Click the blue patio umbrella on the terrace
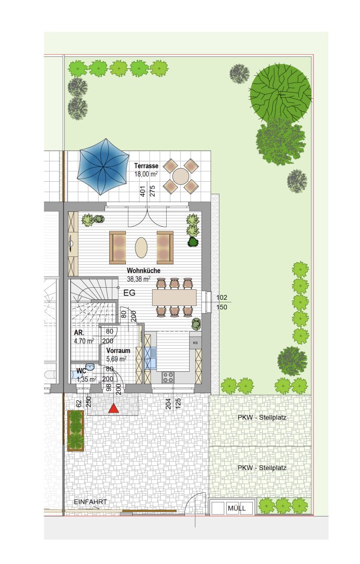[103, 167]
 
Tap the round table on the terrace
[180, 177]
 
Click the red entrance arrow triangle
[114, 408]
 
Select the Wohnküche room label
[144, 271]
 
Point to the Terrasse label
[146, 166]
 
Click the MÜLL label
[237, 508]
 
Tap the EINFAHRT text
[90, 502]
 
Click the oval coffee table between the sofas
[141, 248]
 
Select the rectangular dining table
[174, 298]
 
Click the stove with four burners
[168, 377]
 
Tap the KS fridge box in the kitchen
[195, 343]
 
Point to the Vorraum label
[118, 350]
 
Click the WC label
[81, 371]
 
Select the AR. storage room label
[79, 333]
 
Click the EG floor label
[129, 293]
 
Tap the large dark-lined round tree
[281, 93]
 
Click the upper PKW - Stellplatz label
[262, 418]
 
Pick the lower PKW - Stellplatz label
[262, 468]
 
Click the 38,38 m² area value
[138, 278]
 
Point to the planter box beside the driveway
[76, 430]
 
